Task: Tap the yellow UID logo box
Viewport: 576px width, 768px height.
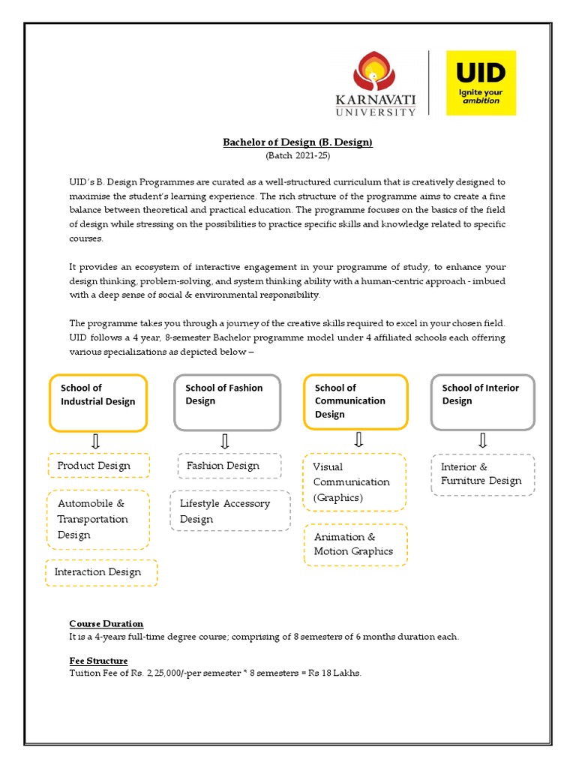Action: tap(481, 82)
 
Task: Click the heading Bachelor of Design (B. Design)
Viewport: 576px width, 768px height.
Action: tap(298, 142)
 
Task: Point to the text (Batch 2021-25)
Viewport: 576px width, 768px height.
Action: tap(298, 156)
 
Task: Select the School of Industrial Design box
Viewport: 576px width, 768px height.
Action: tap(98, 403)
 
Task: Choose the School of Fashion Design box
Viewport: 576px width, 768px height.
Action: tap(227, 403)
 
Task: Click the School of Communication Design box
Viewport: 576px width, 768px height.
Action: tap(355, 403)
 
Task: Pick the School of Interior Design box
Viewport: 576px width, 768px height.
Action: tap(483, 403)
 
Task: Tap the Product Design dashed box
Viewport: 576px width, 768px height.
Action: tap(98, 466)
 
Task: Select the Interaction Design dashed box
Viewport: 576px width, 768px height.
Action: tap(101, 572)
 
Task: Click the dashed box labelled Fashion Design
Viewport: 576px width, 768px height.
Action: tap(228, 466)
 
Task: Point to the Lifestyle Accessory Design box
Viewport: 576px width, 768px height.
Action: tap(229, 511)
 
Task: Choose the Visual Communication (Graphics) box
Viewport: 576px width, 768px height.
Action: tap(355, 481)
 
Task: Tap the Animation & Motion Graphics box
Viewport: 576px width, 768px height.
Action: tap(355, 544)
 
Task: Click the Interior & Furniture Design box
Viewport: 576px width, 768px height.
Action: tap(483, 474)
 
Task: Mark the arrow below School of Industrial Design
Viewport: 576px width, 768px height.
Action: tap(96, 441)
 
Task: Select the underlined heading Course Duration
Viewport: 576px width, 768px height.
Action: tap(106, 624)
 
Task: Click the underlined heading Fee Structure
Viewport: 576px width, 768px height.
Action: tap(98, 661)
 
